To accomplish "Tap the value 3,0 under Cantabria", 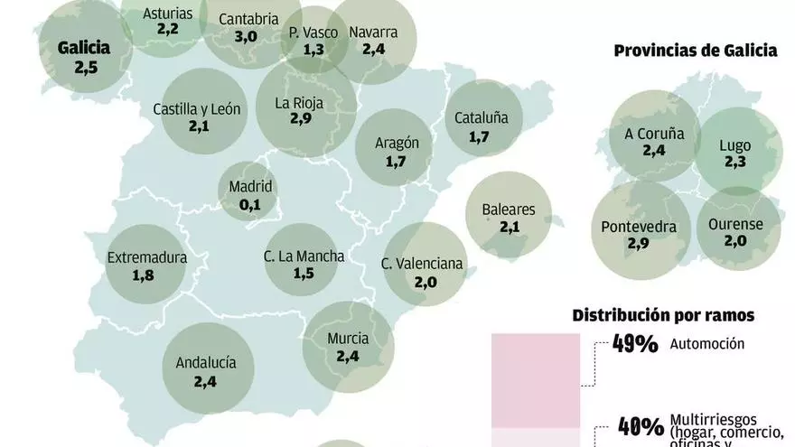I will tap(246, 36).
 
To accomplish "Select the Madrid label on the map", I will tap(250, 187).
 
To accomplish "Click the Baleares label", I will tap(509, 210).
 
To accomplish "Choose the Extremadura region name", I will tap(146, 257).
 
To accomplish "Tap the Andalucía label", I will tap(205, 362).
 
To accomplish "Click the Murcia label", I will tap(347, 339).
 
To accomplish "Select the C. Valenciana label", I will tap(422, 264).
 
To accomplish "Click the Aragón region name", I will tap(397, 142).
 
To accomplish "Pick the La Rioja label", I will tap(299, 102).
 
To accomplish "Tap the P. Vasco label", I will tap(313, 33).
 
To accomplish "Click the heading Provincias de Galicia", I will tap(695, 51).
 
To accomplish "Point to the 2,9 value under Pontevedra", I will tap(639, 246).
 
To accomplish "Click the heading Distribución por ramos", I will tap(663, 315).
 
